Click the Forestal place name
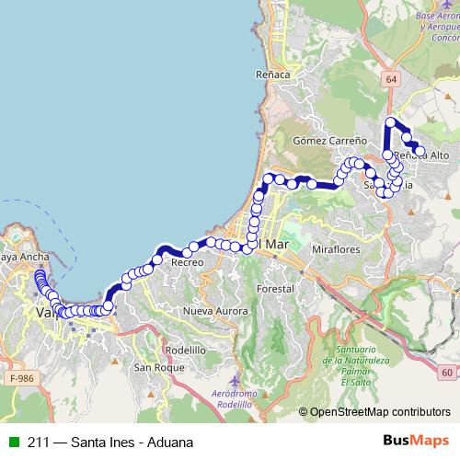point(276,288)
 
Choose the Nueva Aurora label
point(216,312)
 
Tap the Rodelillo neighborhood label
point(187,350)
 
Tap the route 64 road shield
point(392,80)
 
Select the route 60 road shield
point(446,373)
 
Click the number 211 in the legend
point(39,442)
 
